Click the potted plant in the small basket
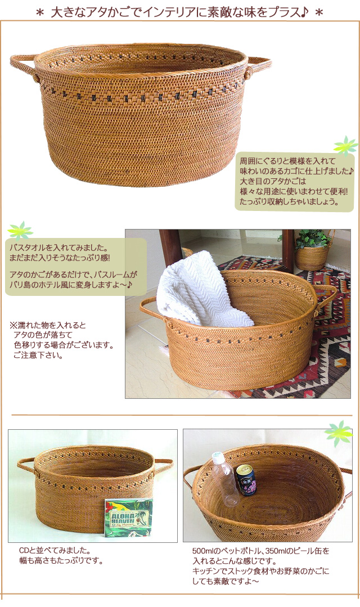pyautogui.click(x=313, y=240)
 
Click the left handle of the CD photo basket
pyautogui.click(x=26, y=465)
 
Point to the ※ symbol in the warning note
pyautogui.click(x=13, y=326)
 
